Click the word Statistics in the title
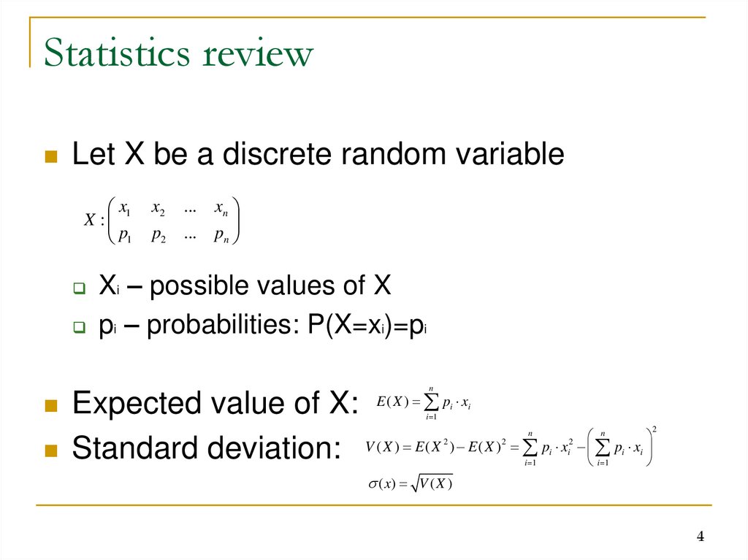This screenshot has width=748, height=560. pos(118,55)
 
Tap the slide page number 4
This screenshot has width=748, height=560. pos(700,538)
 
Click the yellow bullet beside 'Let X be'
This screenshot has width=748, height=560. pos(51,156)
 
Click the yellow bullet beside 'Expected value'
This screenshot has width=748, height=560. pos(51,404)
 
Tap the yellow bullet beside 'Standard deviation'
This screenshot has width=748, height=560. pos(51,450)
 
